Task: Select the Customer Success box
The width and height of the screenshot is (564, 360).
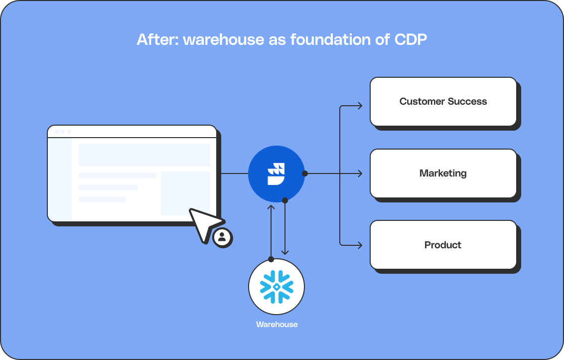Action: (x=443, y=101)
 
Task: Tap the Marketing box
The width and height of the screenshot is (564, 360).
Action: (x=443, y=173)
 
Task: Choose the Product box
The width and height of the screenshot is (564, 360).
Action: (x=443, y=245)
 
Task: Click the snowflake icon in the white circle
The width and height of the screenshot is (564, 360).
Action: (x=277, y=287)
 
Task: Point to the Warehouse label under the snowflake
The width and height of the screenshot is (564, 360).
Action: (x=277, y=325)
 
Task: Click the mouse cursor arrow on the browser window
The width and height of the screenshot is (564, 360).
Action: (x=204, y=223)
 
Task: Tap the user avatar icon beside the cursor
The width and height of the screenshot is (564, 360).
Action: (x=222, y=237)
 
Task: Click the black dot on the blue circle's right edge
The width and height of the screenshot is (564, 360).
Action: (x=305, y=174)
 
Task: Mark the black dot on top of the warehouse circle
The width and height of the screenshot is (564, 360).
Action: (x=271, y=259)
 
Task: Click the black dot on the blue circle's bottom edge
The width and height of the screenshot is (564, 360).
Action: (x=285, y=200)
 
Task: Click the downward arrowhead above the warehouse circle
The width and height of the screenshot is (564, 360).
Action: (x=285, y=252)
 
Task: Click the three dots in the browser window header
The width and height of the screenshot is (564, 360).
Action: (x=62, y=132)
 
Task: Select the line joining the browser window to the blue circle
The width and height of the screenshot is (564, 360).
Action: (x=234, y=174)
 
